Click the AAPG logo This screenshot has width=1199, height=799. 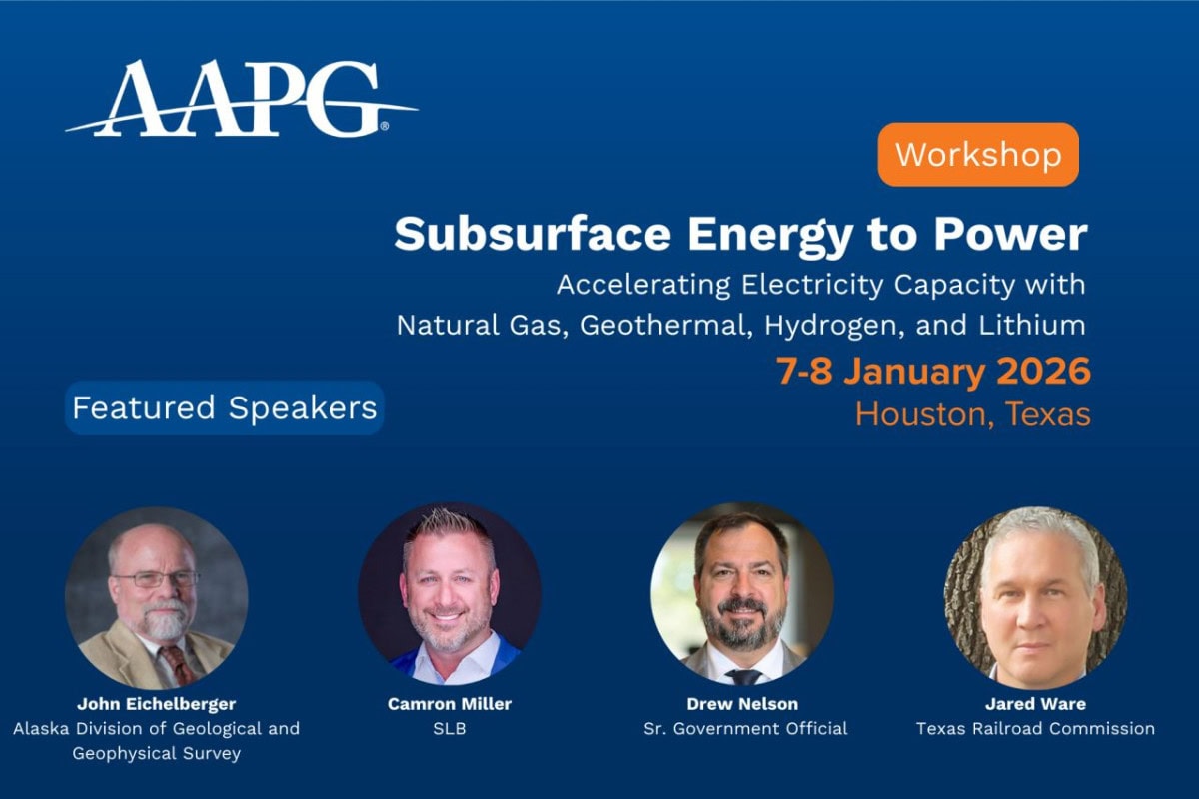coord(241,99)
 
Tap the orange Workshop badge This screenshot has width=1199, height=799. coord(978,154)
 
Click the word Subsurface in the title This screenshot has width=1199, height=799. coord(533,235)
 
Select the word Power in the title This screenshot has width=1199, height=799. coord(1010,235)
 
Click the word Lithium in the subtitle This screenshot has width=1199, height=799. coord(1032,325)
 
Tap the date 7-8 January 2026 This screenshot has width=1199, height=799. coord(933,371)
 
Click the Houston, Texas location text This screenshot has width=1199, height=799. coord(972,414)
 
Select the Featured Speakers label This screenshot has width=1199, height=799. coord(224,407)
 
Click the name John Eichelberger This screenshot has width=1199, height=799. coord(156,704)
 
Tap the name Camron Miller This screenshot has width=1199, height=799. coord(449,704)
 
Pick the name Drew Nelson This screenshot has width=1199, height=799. coord(742,704)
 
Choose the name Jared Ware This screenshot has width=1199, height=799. coord(1035,704)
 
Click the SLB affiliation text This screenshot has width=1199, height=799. coord(449,728)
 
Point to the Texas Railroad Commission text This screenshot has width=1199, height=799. coord(1035,728)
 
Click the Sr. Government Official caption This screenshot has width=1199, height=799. coord(745,728)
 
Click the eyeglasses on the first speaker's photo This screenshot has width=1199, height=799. coord(156,579)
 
